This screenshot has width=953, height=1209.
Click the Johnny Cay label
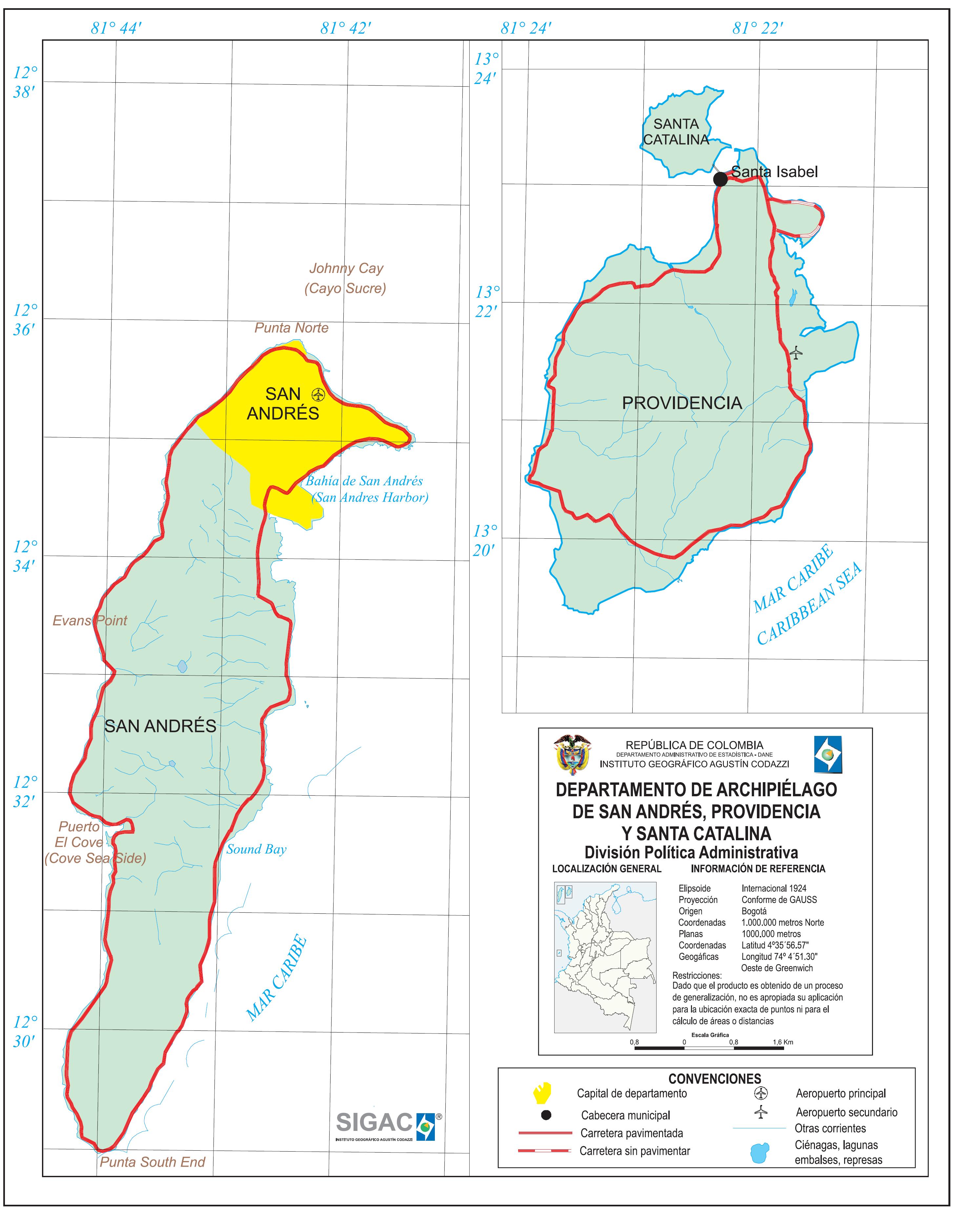pyautogui.click(x=346, y=268)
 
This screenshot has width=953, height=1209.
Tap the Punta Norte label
pyautogui.click(x=291, y=328)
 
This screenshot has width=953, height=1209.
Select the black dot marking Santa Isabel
pyautogui.click(x=720, y=179)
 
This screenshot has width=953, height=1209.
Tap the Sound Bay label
pyautogui.click(x=256, y=849)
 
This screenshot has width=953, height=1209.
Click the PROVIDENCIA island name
pyautogui.click(x=682, y=403)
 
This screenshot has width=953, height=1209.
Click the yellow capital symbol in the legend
pyautogui.click(x=542, y=1093)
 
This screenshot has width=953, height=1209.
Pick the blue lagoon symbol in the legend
pyautogui.click(x=760, y=1152)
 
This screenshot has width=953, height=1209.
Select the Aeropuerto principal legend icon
pyautogui.click(x=760, y=1093)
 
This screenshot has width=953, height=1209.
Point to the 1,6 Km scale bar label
pyautogui.click(x=783, y=1042)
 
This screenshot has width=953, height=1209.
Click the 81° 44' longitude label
pyautogui.click(x=116, y=28)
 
